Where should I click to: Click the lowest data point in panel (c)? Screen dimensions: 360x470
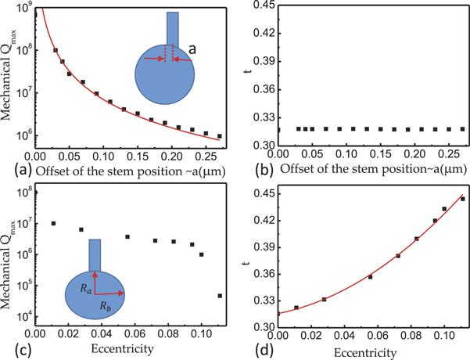pos(220,296)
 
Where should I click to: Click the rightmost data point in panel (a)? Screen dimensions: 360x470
pos(220,136)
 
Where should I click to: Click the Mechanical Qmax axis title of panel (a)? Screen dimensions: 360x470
pos(12,77)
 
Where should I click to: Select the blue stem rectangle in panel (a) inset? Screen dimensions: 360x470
pos(172,31)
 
